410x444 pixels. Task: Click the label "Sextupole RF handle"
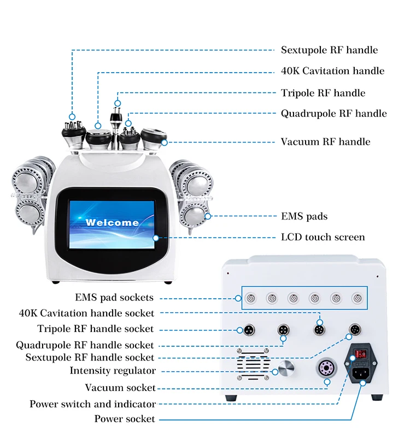(329, 50)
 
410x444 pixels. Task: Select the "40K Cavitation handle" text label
(332, 71)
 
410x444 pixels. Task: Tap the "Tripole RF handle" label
(323, 93)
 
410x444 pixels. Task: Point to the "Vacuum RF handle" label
(325, 141)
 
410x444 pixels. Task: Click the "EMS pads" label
(304, 216)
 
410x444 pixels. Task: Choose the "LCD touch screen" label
(323, 237)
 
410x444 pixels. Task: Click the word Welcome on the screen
(112, 222)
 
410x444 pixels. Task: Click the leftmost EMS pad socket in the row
(251, 298)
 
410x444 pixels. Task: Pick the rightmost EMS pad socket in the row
(357, 298)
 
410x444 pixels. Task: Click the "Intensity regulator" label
(113, 371)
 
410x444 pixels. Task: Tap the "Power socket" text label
(125, 419)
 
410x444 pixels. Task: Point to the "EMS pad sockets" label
(114, 298)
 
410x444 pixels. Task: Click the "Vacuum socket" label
(120, 388)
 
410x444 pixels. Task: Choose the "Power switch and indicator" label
(93, 404)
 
